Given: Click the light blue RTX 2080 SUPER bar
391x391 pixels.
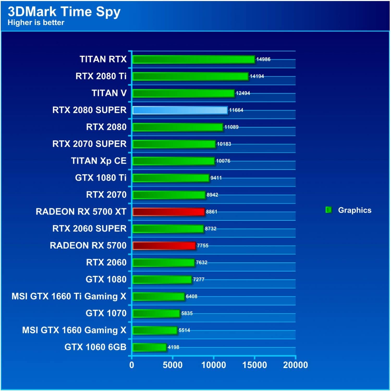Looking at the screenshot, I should [x=180, y=110].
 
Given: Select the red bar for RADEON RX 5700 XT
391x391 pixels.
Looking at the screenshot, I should [x=168, y=212].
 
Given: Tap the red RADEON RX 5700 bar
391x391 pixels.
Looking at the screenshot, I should [x=164, y=246].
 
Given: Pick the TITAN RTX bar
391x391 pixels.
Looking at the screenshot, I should [x=193, y=59].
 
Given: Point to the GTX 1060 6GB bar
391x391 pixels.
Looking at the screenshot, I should [x=149, y=347].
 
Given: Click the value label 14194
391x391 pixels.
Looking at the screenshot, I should [x=257, y=76].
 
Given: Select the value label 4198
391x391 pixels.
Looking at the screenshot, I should [x=173, y=347].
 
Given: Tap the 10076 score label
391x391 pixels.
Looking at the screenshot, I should [x=223, y=161].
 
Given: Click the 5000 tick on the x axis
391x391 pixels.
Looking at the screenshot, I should [x=173, y=365].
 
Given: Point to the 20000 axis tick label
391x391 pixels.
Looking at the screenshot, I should [x=295, y=365].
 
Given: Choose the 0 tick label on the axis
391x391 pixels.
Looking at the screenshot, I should [x=132, y=365].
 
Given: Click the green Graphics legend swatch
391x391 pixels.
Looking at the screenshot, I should [x=328, y=210].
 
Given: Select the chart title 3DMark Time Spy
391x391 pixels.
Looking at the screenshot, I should [x=64, y=11].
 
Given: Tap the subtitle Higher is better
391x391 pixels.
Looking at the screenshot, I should [x=36, y=23].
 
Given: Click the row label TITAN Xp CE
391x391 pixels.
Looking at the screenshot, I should [x=99, y=161].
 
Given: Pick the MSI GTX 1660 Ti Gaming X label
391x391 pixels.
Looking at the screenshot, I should [x=69, y=296].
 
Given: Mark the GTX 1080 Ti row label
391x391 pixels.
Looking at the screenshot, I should [x=101, y=178].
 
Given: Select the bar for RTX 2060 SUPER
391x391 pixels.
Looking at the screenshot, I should [x=168, y=229].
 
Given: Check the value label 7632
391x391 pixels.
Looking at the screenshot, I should [x=201, y=262].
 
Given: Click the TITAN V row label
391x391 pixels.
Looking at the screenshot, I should [x=109, y=93].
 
